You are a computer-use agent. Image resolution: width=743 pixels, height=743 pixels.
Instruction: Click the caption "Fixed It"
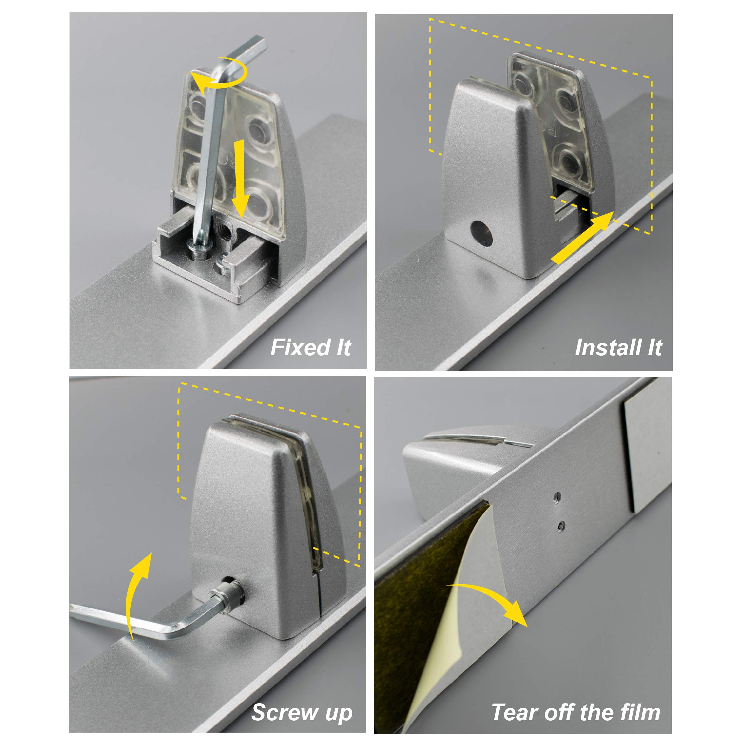pyautogui.click(x=311, y=348)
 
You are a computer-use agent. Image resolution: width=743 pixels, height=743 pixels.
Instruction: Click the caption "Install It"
pyautogui.click(x=618, y=348)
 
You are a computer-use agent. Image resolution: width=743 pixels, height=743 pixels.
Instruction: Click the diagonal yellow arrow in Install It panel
pyautogui.click(x=582, y=237)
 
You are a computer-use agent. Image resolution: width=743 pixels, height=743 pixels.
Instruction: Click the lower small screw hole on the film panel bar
pyautogui.click(x=561, y=526)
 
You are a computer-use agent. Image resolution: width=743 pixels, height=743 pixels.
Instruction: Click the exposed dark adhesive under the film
pyautogui.click(x=417, y=600)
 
